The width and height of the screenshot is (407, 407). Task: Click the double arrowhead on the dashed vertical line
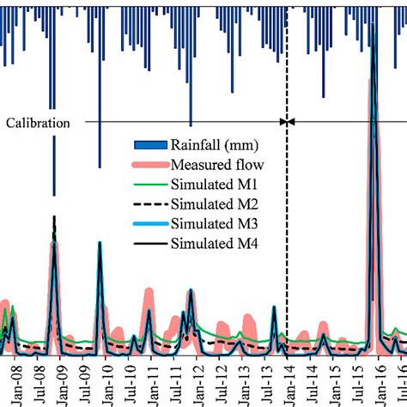(x=287, y=122)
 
